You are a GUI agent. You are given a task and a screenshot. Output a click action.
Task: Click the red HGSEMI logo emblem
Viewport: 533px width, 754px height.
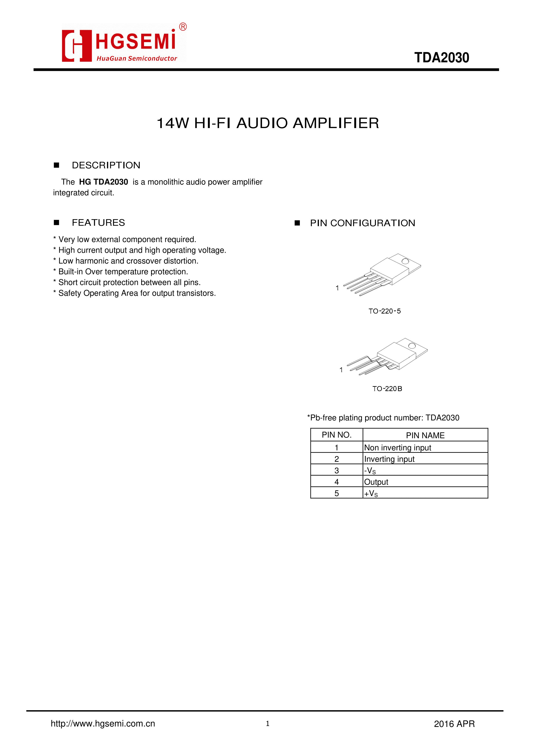(x=77, y=46)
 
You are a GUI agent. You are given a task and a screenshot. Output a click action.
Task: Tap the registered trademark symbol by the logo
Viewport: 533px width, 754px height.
(x=183, y=27)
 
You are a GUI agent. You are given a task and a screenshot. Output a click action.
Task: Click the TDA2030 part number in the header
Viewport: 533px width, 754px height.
(x=441, y=58)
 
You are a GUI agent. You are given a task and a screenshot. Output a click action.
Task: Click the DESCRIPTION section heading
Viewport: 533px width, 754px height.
(x=106, y=165)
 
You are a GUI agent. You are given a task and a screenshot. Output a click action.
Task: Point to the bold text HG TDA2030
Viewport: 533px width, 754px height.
(x=103, y=182)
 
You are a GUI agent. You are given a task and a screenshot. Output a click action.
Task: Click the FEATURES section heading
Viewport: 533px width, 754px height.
(x=98, y=223)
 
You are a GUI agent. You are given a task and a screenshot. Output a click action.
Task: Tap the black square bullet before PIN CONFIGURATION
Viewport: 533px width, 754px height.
(x=297, y=223)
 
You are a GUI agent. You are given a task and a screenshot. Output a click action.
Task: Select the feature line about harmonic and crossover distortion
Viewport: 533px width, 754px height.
(x=128, y=261)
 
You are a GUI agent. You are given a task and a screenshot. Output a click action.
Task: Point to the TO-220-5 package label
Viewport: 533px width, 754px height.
(x=384, y=311)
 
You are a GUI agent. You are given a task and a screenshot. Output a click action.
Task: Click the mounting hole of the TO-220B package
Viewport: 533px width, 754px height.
(x=412, y=346)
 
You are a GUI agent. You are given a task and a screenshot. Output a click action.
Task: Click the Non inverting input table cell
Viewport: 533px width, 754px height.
(x=397, y=448)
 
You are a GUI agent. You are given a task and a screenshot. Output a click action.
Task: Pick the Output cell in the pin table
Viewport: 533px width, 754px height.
(x=376, y=482)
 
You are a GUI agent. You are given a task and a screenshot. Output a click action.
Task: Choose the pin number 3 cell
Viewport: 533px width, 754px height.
(x=337, y=471)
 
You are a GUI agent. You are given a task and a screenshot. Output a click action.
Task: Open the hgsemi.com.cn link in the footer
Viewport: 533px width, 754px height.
(x=103, y=724)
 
